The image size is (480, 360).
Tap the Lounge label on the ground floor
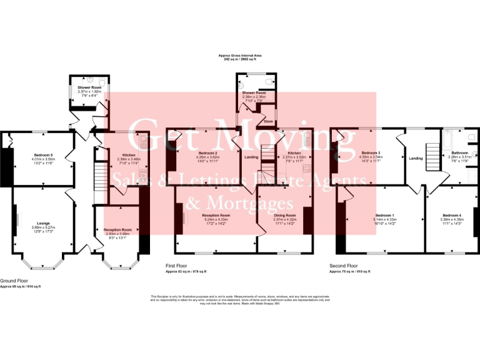[43, 223]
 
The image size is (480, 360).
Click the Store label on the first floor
[269, 121]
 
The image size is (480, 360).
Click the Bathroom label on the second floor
[458, 153]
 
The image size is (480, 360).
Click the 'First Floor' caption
[176, 266]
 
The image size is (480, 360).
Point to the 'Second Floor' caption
[343, 266]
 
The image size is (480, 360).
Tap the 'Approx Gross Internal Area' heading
[239, 56]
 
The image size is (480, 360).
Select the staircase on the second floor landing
[432, 153]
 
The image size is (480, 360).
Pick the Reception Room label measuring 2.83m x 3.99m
[117, 230]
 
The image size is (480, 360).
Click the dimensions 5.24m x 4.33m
[216, 219]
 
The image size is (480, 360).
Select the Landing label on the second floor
[416, 159]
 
